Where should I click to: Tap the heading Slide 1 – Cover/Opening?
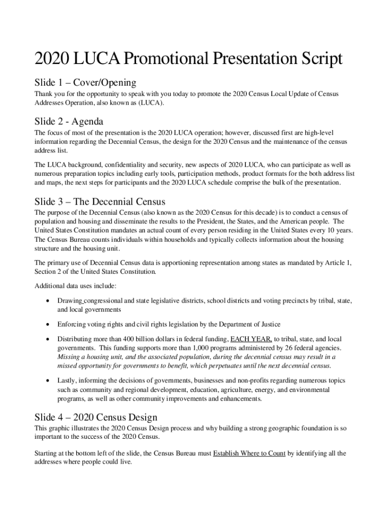pos(85,82)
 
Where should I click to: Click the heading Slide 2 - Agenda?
pos(69,122)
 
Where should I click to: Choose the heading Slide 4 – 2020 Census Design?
pos(95,417)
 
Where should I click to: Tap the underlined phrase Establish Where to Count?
pos(249,453)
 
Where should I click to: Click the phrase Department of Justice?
pos(250,324)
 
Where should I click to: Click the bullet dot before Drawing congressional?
pos(47,301)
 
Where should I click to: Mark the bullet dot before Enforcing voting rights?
pos(47,324)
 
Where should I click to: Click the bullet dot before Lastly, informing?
pos(47,380)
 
